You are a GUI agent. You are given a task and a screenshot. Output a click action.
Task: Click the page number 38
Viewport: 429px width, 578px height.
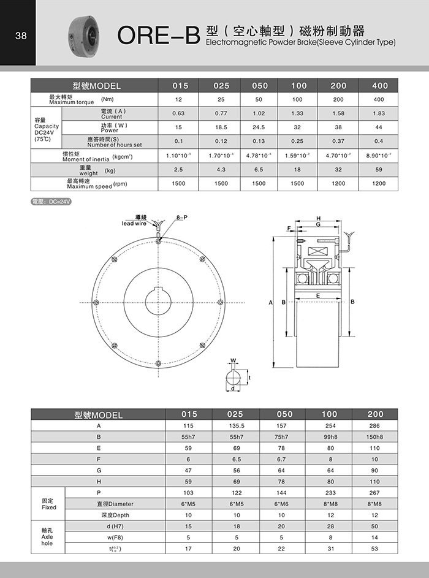click(20, 36)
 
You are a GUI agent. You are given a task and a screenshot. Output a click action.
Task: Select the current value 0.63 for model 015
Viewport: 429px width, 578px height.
click(178, 113)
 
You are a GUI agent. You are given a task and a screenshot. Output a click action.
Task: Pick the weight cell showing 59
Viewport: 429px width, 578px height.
click(379, 170)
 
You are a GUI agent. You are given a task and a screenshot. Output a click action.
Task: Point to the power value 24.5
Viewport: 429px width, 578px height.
click(259, 127)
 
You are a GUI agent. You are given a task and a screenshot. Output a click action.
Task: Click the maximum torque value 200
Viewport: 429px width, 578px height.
click(338, 99)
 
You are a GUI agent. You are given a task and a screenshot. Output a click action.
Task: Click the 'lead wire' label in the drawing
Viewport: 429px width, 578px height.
click(136, 223)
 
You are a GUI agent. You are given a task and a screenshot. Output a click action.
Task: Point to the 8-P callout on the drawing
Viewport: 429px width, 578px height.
click(182, 218)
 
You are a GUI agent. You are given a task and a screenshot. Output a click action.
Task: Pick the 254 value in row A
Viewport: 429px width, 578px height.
click(330, 425)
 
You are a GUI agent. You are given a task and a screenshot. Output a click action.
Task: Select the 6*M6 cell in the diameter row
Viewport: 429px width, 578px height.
click(282, 504)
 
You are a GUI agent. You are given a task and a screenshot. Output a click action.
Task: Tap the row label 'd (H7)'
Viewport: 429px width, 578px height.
click(98, 527)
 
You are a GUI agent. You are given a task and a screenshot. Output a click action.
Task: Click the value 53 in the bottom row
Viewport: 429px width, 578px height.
click(374, 549)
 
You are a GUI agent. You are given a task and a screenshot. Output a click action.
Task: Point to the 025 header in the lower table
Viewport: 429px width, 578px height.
click(235, 414)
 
